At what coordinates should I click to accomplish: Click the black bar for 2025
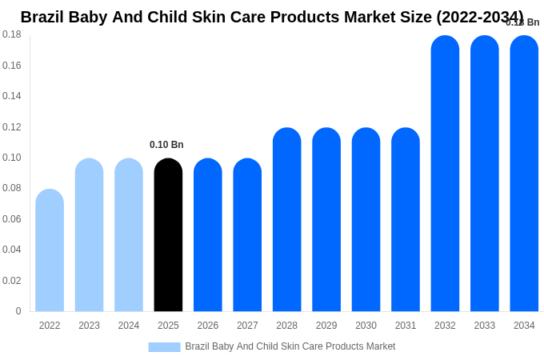pyautogui.click(x=168, y=235)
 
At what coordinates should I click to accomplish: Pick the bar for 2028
pyautogui.click(x=286, y=220)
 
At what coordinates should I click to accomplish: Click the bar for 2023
pyautogui.click(x=89, y=235)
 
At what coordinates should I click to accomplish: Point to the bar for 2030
pyautogui.click(x=366, y=220)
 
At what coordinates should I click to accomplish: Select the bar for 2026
pyautogui.click(x=208, y=235)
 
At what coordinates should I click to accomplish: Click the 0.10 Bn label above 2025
pyautogui.click(x=166, y=145)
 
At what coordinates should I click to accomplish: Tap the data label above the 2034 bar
pyautogui.click(x=522, y=22)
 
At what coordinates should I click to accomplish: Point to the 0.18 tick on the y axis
pyautogui.click(x=12, y=34)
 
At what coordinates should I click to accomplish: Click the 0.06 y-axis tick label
pyautogui.click(x=12, y=219)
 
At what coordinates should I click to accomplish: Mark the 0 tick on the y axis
pyautogui.click(x=18, y=311)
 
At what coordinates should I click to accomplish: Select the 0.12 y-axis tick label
pyautogui.click(x=12, y=127)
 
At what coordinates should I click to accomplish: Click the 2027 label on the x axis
pyautogui.click(x=247, y=326)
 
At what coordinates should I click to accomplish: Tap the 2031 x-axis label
pyautogui.click(x=406, y=326)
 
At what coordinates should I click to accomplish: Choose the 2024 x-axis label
pyautogui.click(x=129, y=326)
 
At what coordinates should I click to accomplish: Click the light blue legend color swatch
pyautogui.click(x=164, y=347)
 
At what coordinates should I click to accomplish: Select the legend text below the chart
pyautogui.click(x=290, y=346)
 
